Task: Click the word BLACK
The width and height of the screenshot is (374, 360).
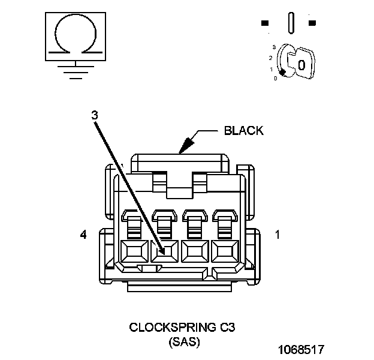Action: click(243, 131)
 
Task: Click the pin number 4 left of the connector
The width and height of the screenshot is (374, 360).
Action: click(83, 235)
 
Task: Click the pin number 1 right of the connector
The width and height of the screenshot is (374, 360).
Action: click(277, 235)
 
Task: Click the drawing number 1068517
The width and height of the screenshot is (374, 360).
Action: click(301, 349)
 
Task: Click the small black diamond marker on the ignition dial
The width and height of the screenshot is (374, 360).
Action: click(282, 71)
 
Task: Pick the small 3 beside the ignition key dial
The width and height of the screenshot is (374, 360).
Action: click(274, 46)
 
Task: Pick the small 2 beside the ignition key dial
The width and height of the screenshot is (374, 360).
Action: click(271, 58)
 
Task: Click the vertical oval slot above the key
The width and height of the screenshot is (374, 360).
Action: click(291, 23)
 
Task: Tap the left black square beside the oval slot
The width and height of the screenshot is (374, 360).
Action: click(264, 23)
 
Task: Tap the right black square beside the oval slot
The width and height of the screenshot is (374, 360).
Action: click(312, 23)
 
